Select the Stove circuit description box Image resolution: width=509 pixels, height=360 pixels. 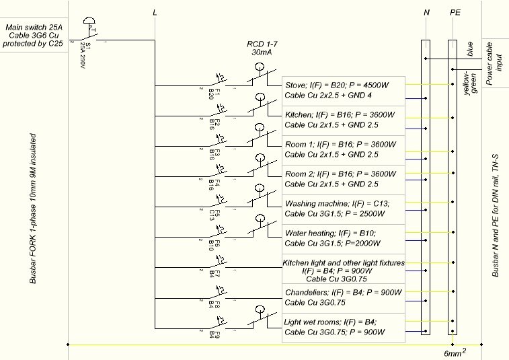(342, 91)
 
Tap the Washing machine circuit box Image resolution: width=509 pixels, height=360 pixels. (342, 209)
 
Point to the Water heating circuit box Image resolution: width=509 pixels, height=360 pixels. (342, 238)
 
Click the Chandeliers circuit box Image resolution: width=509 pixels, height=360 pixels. (342, 297)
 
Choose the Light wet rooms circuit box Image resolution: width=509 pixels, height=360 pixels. (342, 327)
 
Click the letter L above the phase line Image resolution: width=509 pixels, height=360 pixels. (155, 13)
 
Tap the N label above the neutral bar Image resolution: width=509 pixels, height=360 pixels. (426, 13)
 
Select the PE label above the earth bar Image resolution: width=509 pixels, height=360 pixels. (455, 13)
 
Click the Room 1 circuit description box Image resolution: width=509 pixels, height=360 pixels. (342, 149)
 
